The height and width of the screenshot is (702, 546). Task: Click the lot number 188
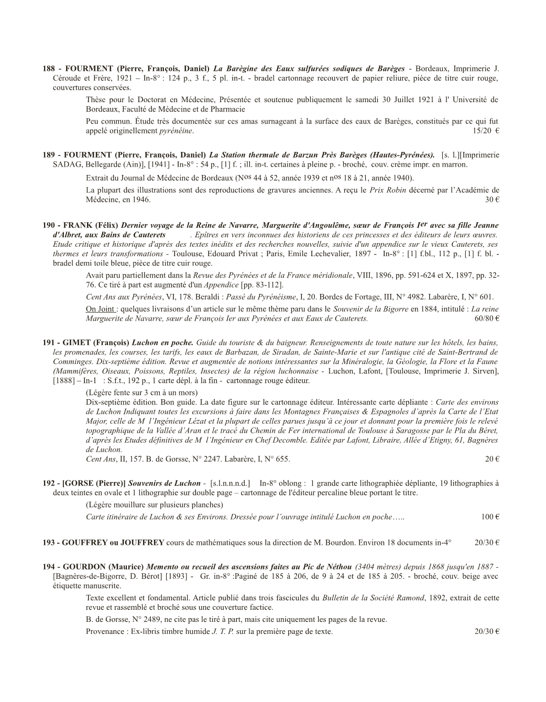[49, 69]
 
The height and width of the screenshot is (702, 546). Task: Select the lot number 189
[49, 155]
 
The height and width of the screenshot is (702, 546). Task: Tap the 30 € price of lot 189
[493, 200]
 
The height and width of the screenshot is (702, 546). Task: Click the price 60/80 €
[487, 318]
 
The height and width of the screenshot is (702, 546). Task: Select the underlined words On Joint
[100, 309]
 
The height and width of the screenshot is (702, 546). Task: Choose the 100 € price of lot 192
[490, 517]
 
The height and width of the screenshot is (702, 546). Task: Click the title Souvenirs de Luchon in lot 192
[165, 483]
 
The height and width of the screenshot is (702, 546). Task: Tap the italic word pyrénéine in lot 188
[176, 130]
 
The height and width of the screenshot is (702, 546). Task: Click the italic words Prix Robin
[387, 190]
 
